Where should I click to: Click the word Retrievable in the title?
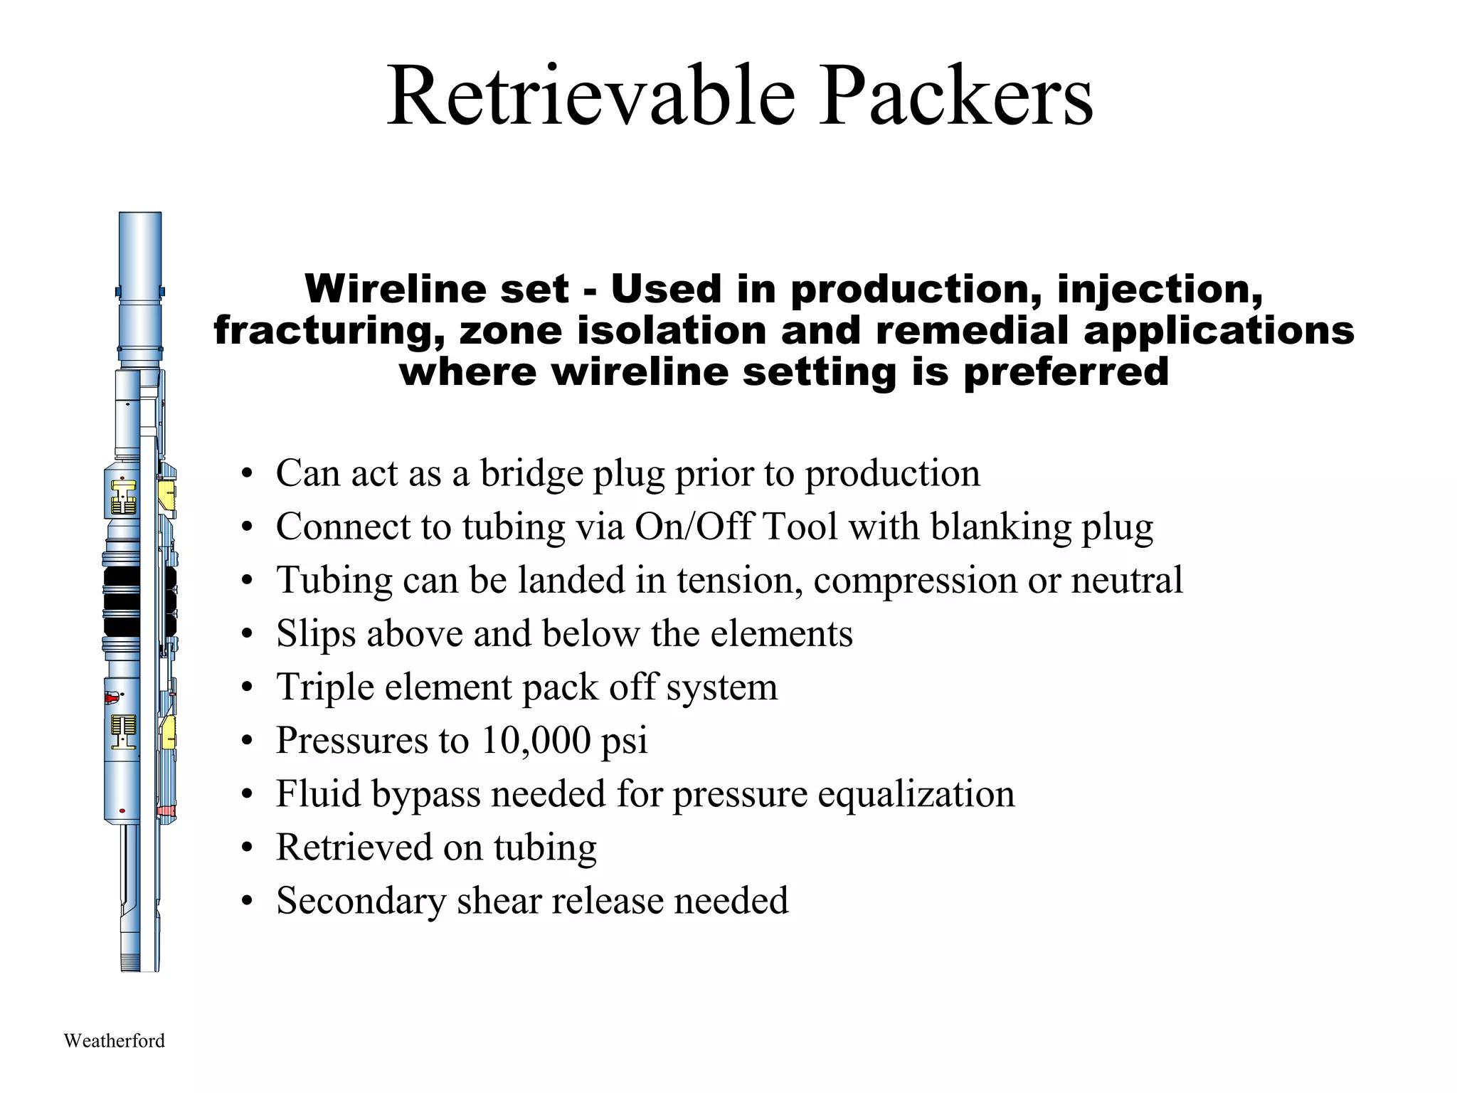point(590,96)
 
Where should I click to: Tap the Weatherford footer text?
point(114,1041)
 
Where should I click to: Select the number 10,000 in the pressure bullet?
point(536,740)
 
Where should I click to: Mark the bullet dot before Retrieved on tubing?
point(246,848)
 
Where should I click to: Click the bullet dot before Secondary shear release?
point(246,902)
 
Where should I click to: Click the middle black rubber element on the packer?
point(122,601)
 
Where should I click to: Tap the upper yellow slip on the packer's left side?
point(123,497)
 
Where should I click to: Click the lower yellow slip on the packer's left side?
point(123,732)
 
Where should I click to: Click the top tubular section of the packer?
point(139,249)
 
